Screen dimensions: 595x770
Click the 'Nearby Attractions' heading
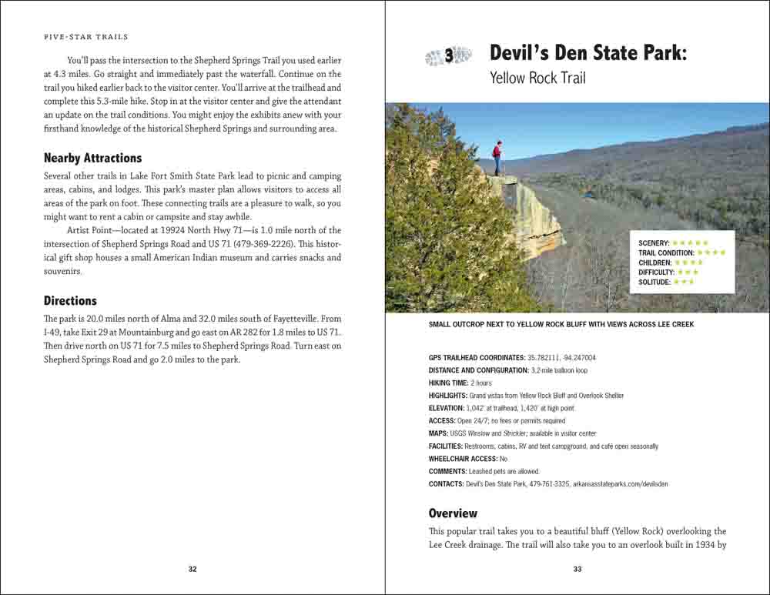[92, 159]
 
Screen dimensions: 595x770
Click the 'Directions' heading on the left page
[70, 301]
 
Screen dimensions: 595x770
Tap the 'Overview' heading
[453, 513]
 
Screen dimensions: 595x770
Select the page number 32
[192, 570]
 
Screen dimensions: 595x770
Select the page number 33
[577, 570]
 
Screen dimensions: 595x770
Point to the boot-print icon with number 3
[448, 55]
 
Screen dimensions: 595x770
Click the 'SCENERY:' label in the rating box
[654, 243]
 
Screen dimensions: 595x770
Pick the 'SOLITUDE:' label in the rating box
[654, 282]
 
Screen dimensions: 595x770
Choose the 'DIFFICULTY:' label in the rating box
[656, 272]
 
